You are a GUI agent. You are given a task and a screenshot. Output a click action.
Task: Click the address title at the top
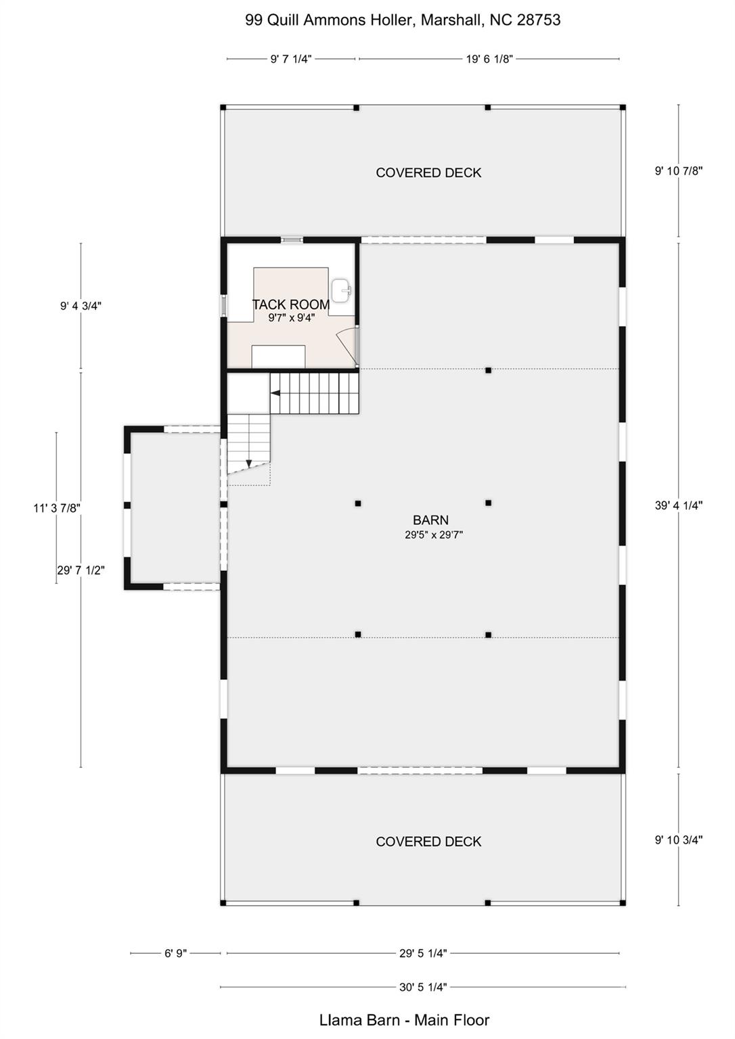tap(403, 20)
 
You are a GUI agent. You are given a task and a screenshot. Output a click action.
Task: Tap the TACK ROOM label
tap(291, 305)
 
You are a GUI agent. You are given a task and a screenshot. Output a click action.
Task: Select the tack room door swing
tap(349, 344)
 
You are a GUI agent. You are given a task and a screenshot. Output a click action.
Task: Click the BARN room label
tap(430, 520)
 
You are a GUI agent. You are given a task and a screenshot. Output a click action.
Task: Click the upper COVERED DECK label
tap(428, 172)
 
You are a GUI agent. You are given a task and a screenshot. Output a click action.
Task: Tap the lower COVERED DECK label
tap(428, 841)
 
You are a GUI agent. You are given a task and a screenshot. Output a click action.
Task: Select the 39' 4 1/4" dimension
tap(678, 505)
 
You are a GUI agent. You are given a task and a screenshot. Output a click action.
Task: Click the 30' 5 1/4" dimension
tap(423, 987)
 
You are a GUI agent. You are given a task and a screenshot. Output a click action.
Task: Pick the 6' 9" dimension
tap(175, 953)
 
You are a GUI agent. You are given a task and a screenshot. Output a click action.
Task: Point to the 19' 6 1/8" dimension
tap(489, 59)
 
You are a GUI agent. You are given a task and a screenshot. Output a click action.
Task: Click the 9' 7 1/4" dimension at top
tap(291, 59)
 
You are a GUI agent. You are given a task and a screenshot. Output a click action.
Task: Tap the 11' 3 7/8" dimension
tap(57, 508)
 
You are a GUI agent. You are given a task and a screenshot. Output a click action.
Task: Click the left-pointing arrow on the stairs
tap(275, 392)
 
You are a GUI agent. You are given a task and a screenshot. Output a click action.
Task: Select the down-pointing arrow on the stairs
tap(249, 463)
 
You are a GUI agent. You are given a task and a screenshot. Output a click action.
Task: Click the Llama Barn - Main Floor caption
tap(404, 1020)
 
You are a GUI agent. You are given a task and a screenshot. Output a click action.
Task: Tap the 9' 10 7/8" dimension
tap(678, 171)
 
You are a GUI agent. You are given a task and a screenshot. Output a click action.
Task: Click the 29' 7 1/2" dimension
tap(81, 570)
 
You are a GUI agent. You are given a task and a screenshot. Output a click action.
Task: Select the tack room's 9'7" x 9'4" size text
tap(291, 318)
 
